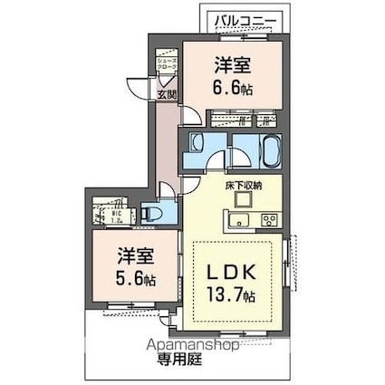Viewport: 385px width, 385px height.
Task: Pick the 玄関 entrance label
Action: (167, 92)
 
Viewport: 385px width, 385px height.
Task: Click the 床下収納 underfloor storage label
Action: (244, 185)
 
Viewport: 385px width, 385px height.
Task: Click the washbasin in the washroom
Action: (197, 142)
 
